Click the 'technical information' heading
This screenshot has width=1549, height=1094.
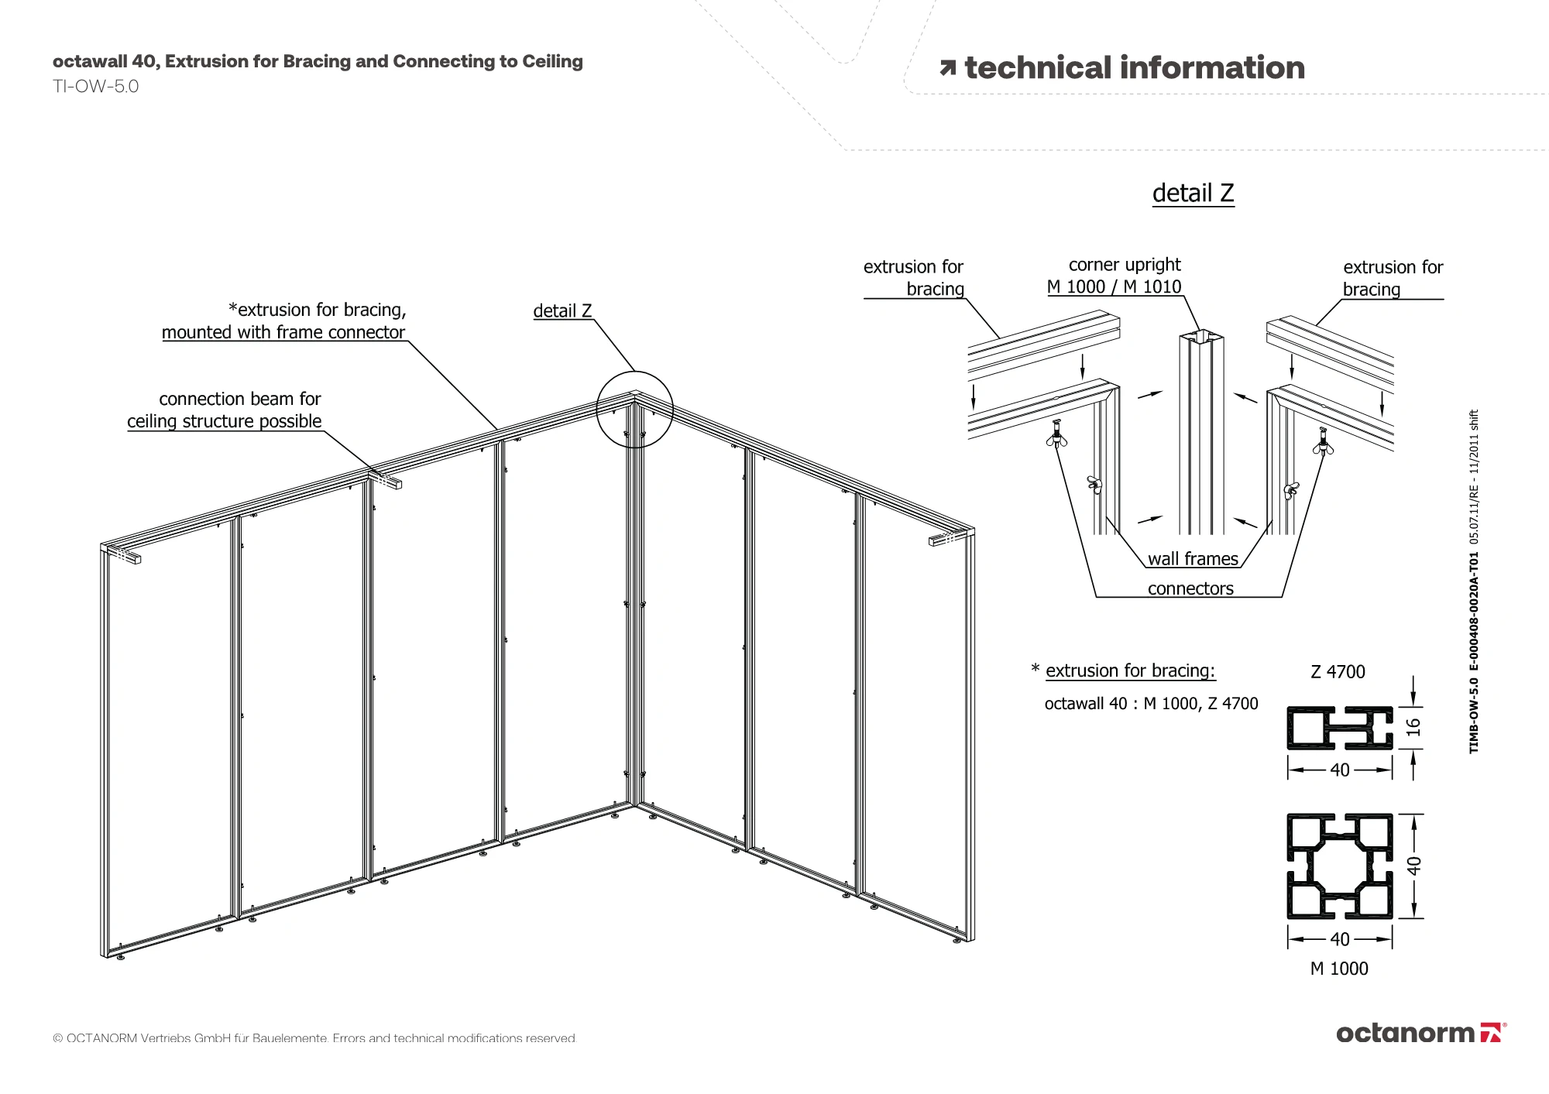(1134, 68)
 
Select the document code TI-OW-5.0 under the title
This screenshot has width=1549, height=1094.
(95, 87)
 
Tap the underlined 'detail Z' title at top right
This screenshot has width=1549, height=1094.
(1193, 193)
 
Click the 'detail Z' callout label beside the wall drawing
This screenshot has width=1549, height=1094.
(562, 310)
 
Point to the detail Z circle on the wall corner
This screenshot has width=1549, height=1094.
(635, 410)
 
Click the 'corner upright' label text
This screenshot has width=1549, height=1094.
(1125, 265)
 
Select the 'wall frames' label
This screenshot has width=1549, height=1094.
(1193, 559)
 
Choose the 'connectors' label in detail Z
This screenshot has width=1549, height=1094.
(1190, 588)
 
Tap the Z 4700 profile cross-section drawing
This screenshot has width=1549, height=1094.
(1339, 728)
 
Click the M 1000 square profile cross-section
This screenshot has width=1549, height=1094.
(1339, 866)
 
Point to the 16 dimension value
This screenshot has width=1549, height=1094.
(1413, 727)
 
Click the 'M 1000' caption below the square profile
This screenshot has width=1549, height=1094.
(1339, 969)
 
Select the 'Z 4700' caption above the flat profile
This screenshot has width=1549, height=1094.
(1338, 672)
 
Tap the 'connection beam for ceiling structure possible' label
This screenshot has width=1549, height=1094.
(225, 410)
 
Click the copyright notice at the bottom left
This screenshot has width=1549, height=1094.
(314, 1038)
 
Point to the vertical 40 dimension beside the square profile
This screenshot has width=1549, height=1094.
(1414, 866)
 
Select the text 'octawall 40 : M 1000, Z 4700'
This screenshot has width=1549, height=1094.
(1151, 704)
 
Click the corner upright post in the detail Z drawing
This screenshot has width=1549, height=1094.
(1201, 434)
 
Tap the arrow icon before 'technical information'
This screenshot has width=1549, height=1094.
(947, 68)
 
